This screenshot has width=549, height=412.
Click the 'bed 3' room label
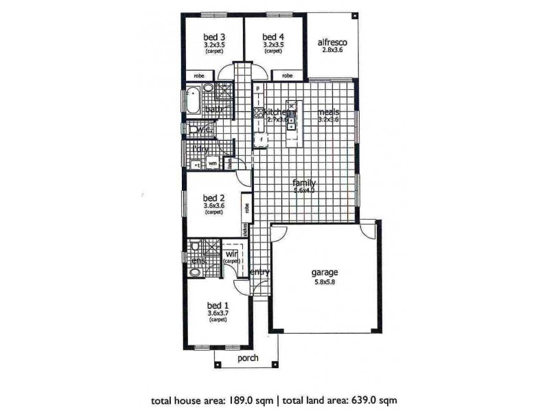click(x=214, y=36)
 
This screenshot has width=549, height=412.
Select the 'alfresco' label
click(x=332, y=43)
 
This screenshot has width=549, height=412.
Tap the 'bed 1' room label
click(x=218, y=306)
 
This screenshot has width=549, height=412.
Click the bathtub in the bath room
click(x=194, y=100)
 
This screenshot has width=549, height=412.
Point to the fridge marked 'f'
click(x=261, y=141)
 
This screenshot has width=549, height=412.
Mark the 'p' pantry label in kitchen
click(x=257, y=89)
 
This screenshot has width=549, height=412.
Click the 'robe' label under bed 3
click(x=199, y=76)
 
